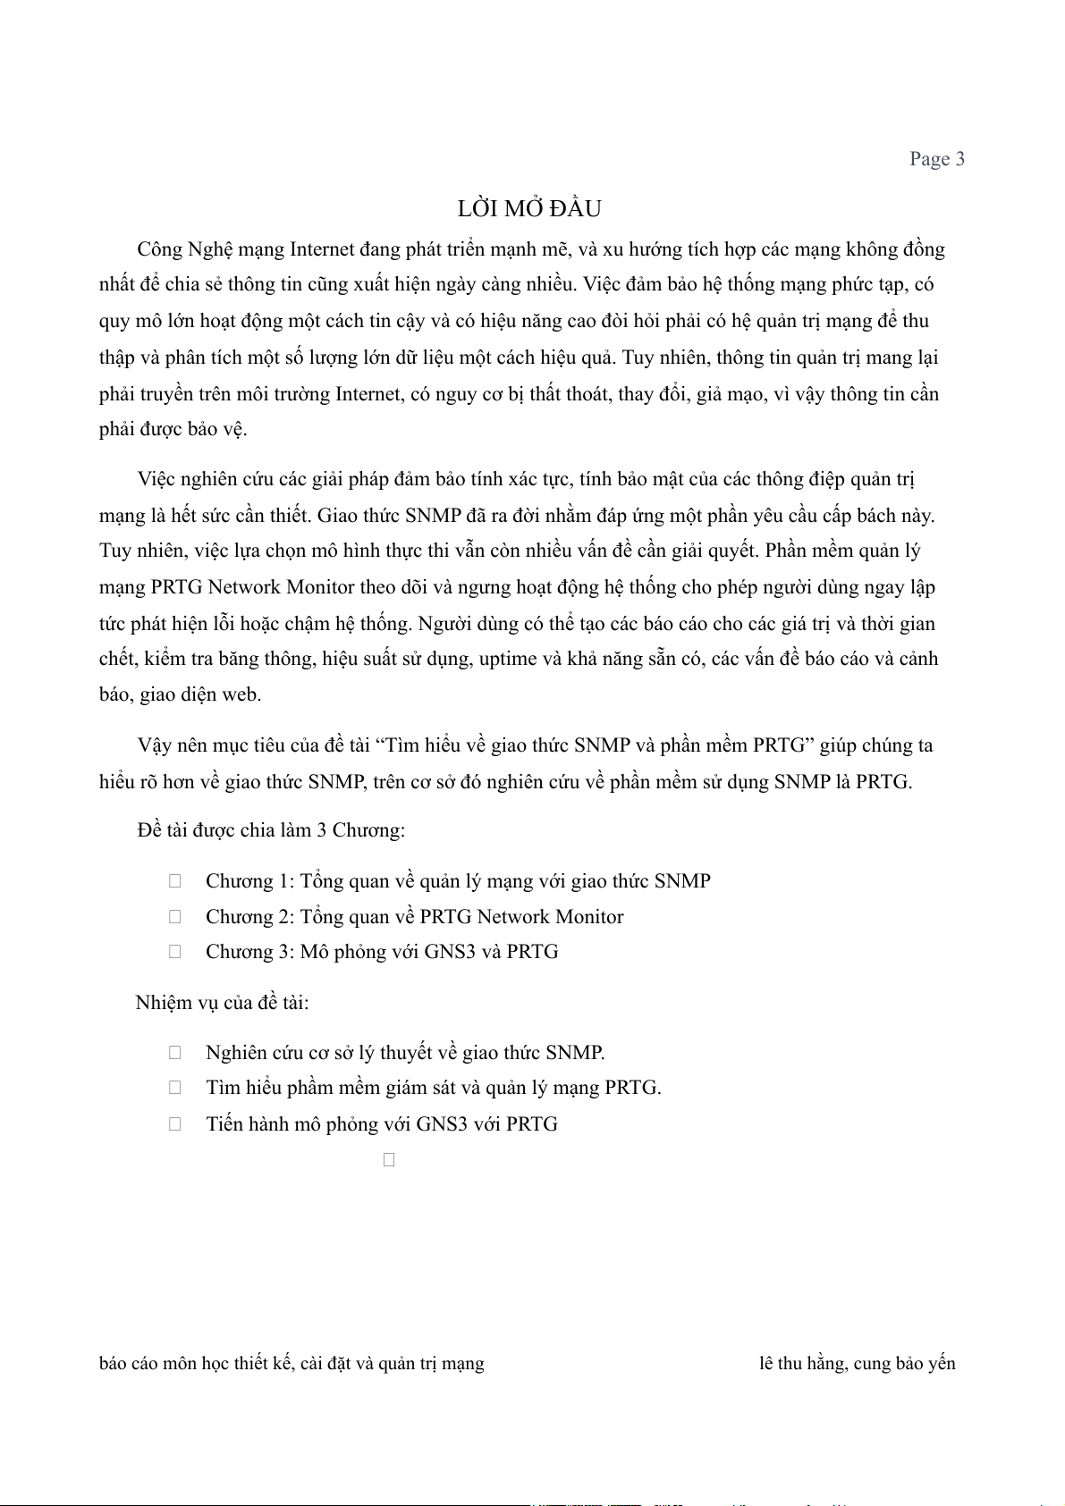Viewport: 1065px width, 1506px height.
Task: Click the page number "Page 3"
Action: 936,159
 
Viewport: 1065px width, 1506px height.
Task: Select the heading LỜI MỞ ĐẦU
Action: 529,209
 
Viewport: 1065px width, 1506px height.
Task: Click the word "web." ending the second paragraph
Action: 241,694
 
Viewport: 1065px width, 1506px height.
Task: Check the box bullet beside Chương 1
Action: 175,881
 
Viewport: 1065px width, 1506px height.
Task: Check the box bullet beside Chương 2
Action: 175,917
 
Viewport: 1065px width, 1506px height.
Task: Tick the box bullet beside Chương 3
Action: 175,952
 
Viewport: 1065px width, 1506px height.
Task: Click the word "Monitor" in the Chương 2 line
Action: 589,917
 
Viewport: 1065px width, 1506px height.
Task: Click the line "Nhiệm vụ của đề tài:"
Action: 223,1003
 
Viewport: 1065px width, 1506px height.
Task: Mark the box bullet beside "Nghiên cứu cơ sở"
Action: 175,1053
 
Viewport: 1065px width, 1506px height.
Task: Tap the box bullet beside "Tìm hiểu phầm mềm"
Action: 175,1088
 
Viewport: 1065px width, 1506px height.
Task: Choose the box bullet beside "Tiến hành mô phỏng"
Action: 175,1124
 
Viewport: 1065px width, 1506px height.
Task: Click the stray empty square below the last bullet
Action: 389,1160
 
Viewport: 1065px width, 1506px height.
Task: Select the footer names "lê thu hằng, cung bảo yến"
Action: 857,1364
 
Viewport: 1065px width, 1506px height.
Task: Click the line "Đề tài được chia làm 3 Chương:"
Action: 271,830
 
